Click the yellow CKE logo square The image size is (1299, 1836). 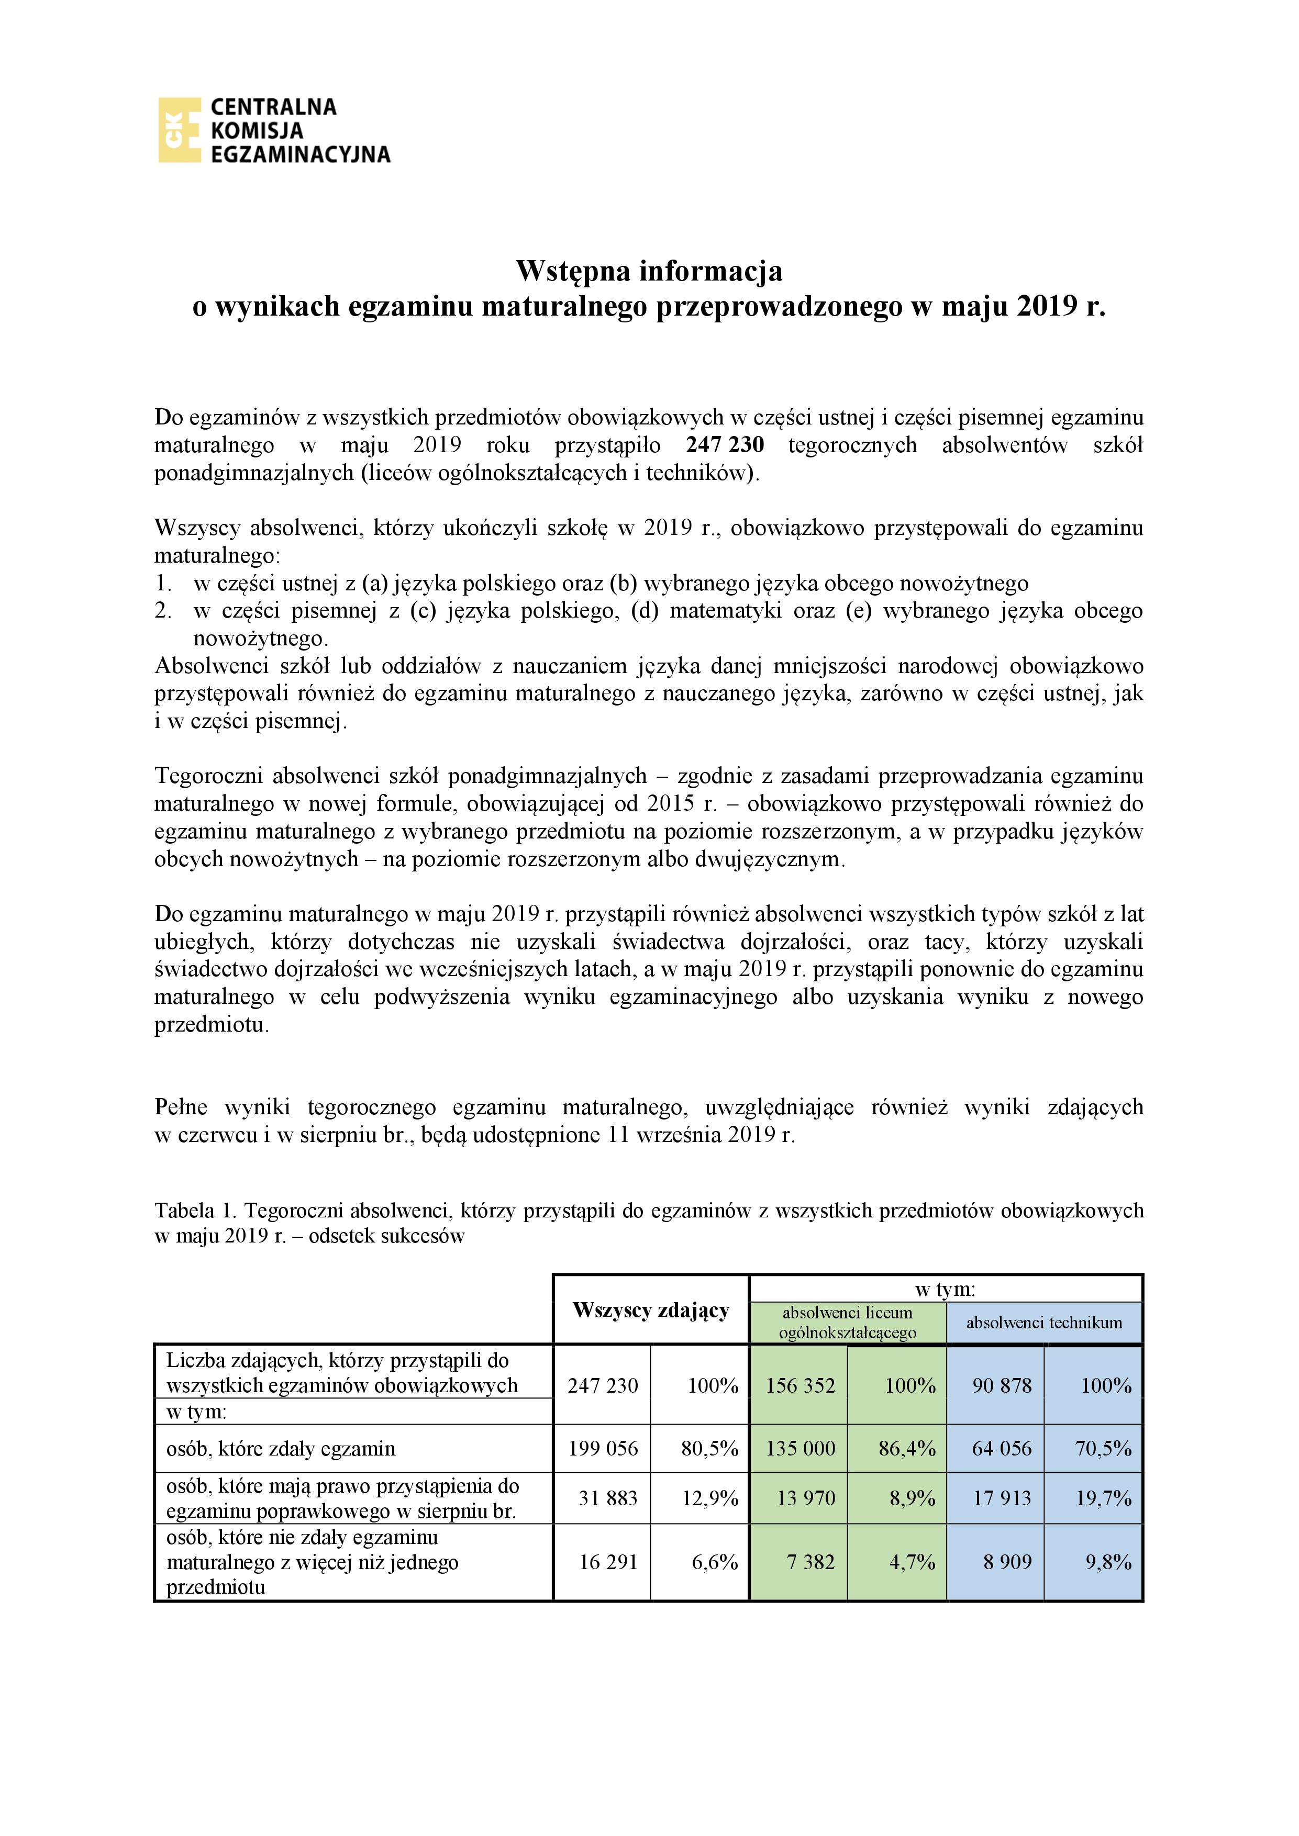179,130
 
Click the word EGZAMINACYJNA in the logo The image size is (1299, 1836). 300,154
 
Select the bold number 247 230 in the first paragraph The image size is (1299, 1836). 725,444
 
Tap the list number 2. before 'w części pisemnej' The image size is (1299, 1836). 163,611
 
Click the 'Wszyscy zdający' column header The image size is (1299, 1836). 651,1310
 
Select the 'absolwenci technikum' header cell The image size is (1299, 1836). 1044,1323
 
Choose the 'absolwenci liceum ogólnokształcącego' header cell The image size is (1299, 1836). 847,1323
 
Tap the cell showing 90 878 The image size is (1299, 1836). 1002,1385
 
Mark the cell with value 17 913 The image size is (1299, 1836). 1002,1498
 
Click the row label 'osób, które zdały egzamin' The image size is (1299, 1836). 281,1448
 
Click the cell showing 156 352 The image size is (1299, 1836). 800,1385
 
